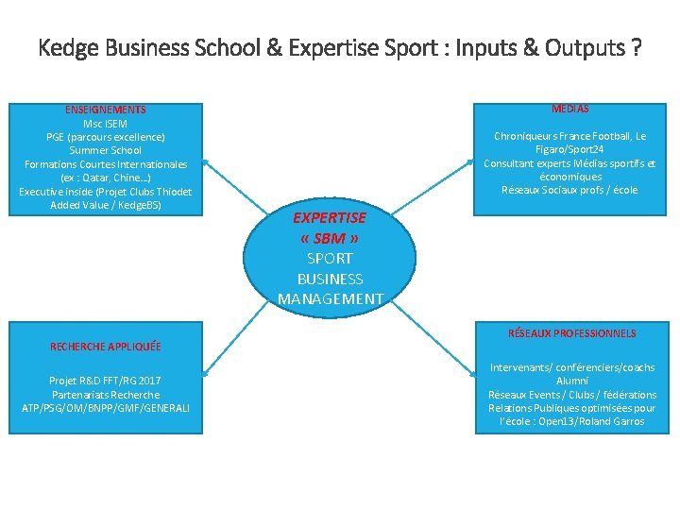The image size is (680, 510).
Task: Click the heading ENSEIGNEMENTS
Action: click(x=106, y=110)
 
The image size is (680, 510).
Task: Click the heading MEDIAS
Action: click(x=569, y=109)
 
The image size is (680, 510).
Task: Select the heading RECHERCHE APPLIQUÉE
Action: click(x=106, y=347)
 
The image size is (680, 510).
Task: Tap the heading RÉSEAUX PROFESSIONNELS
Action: click(x=571, y=333)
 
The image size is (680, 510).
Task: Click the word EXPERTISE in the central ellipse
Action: click(x=330, y=218)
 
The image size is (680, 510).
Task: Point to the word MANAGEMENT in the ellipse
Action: click(x=331, y=299)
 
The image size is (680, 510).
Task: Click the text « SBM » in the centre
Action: click(x=330, y=238)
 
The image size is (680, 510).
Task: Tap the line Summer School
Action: click(x=106, y=150)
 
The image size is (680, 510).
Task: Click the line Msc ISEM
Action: click(x=106, y=124)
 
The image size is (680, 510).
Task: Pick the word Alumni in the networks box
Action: click(x=572, y=381)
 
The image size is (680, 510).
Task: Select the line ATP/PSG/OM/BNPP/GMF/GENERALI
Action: click(x=106, y=408)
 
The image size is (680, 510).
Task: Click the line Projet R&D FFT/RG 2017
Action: click(x=106, y=381)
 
